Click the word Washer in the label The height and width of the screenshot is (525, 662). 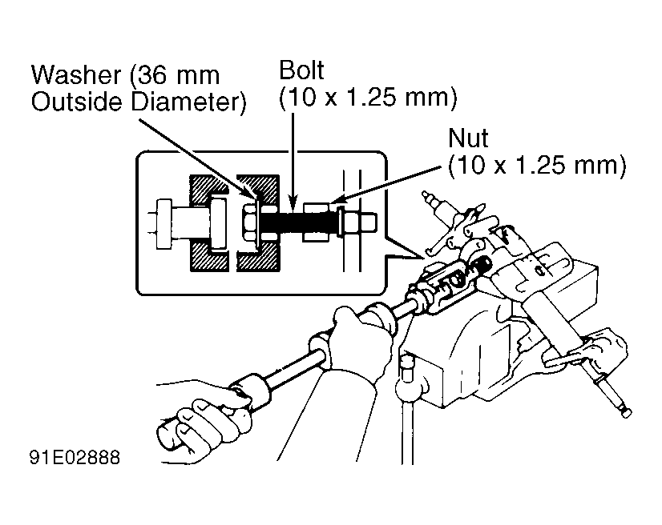coord(76,75)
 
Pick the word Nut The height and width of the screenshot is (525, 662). coord(468,138)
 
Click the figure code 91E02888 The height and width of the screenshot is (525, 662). coord(75,457)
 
